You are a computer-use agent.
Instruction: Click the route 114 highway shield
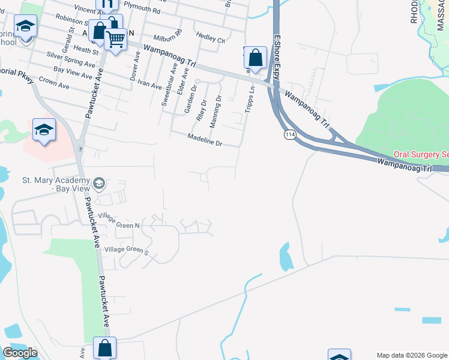(x=291, y=136)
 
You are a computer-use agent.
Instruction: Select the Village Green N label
(x=119, y=224)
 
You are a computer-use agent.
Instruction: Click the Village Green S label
(x=126, y=251)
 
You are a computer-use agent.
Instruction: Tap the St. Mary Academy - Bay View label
(x=55, y=184)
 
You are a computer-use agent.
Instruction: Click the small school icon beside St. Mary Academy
(x=99, y=183)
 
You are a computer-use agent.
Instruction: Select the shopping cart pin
(x=115, y=40)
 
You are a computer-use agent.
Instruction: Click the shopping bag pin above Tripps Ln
(x=256, y=59)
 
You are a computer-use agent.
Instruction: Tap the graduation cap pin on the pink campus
(x=44, y=130)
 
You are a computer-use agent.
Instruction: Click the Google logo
(x=20, y=353)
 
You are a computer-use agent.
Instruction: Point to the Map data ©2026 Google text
(x=412, y=355)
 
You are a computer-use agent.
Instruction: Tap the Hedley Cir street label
(x=213, y=40)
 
